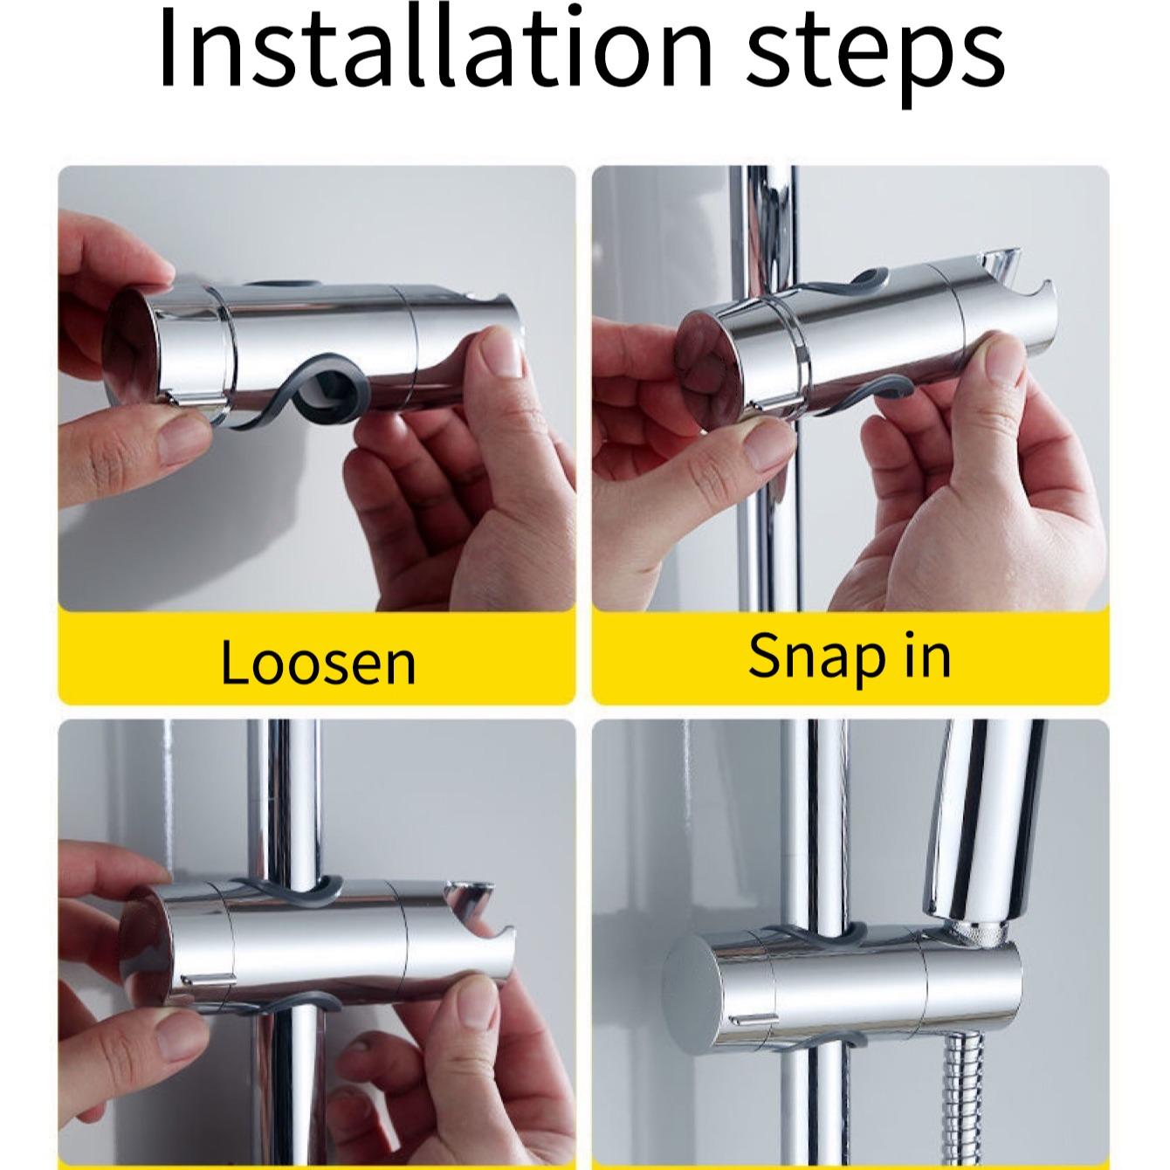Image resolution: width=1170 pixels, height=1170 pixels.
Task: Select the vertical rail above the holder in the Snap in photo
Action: pos(768,227)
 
